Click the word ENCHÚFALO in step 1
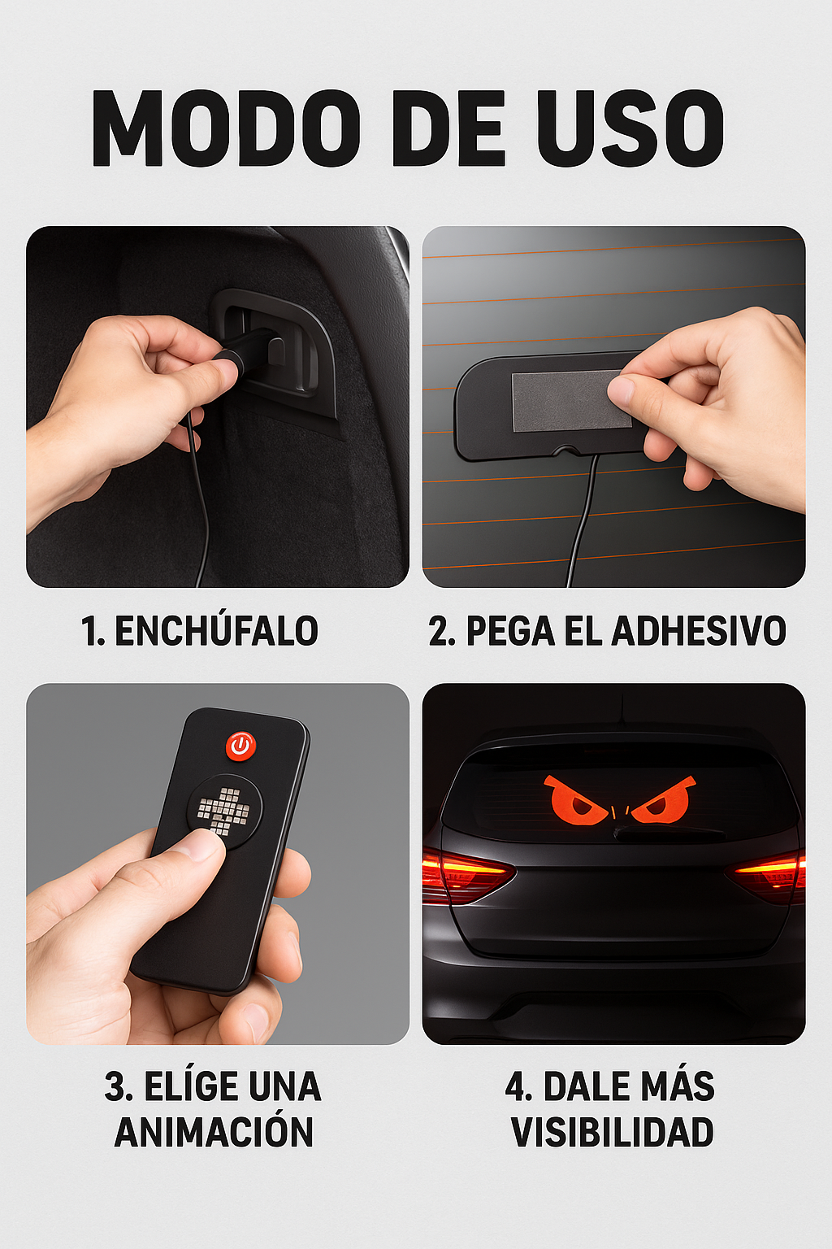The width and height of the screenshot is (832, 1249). (x=216, y=631)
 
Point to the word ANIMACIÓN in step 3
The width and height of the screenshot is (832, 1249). (x=214, y=1132)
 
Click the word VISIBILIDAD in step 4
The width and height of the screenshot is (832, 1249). (x=612, y=1132)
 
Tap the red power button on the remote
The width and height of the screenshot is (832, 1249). (x=240, y=746)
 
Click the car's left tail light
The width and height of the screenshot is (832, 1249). (x=465, y=875)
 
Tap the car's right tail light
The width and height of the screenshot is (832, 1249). (x=770, y=875)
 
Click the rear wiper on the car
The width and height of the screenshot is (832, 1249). (x=669, y=832)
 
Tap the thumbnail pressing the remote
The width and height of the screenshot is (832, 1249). (x=197, y=845)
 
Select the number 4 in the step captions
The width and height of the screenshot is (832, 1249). (x=516, y=1087)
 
